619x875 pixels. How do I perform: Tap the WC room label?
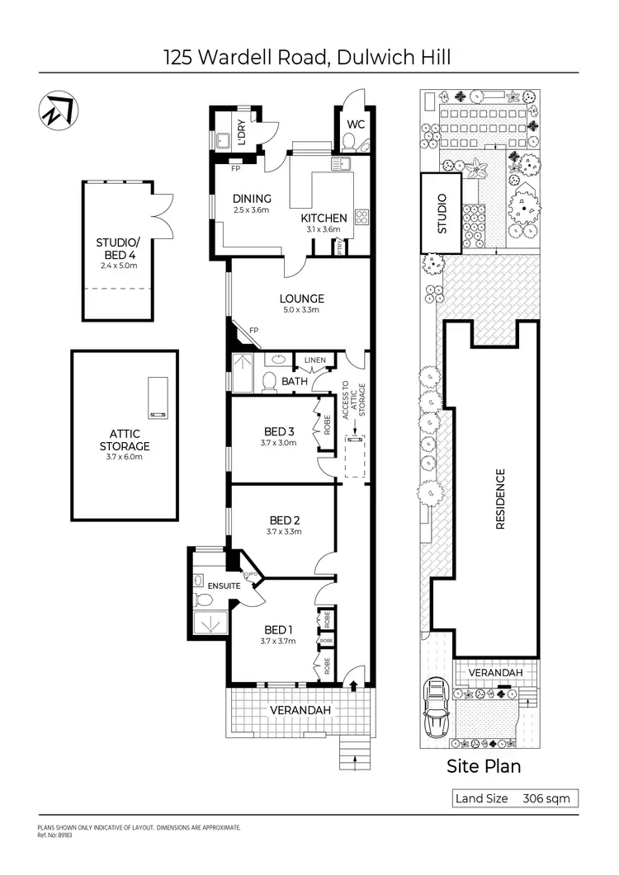[x=356, y=125]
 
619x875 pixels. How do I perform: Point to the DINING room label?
[x=252, y=199]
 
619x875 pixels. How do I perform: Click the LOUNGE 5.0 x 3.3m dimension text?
[x=301, y=310]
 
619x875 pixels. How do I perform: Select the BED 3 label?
[x=279, y=431]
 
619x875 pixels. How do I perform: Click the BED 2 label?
[x=284, y=520]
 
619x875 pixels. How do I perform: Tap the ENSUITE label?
[x=224, y=586]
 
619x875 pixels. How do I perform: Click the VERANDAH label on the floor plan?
[x=300, y=710]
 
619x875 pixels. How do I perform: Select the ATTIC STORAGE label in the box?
[x=125, y=440]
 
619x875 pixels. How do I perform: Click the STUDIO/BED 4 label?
[x=119, y=248]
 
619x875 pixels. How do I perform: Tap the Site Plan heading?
[x=484, y=766]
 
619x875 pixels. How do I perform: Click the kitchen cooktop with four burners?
[x=361, y=218]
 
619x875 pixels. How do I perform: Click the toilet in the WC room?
[x=351, y=144]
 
